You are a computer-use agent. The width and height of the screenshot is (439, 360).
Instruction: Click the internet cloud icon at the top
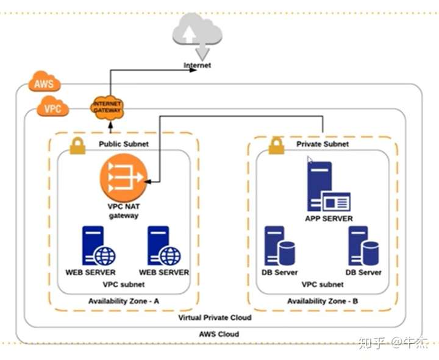(197, 33)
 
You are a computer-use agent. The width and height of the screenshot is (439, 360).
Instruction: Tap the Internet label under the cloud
(198, 65)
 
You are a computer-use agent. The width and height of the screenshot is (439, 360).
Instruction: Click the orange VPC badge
(52, 109)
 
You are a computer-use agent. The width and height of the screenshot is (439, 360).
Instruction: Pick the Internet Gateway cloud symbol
(107, 107)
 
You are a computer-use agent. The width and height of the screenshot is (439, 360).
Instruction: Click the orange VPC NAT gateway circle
(124, 177)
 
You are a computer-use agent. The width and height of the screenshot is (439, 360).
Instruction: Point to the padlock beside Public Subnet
(77, 145)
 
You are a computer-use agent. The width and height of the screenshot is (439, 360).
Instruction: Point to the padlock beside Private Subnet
(276, 145)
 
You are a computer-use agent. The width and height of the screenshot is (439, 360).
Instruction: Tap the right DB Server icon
(363, 245)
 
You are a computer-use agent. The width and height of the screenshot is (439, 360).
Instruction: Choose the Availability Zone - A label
(124, 301)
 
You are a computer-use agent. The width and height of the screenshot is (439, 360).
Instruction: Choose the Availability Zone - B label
(323, 301)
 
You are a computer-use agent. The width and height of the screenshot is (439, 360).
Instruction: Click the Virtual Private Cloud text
(215, 318)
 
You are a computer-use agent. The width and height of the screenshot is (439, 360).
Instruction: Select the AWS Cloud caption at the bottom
(219, 334)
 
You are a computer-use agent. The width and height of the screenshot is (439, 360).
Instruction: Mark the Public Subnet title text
(124, 144)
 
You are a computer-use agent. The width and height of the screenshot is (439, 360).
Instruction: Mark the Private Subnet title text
(323, 144)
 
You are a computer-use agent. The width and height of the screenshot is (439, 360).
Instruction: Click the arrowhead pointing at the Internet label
(193, 70)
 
